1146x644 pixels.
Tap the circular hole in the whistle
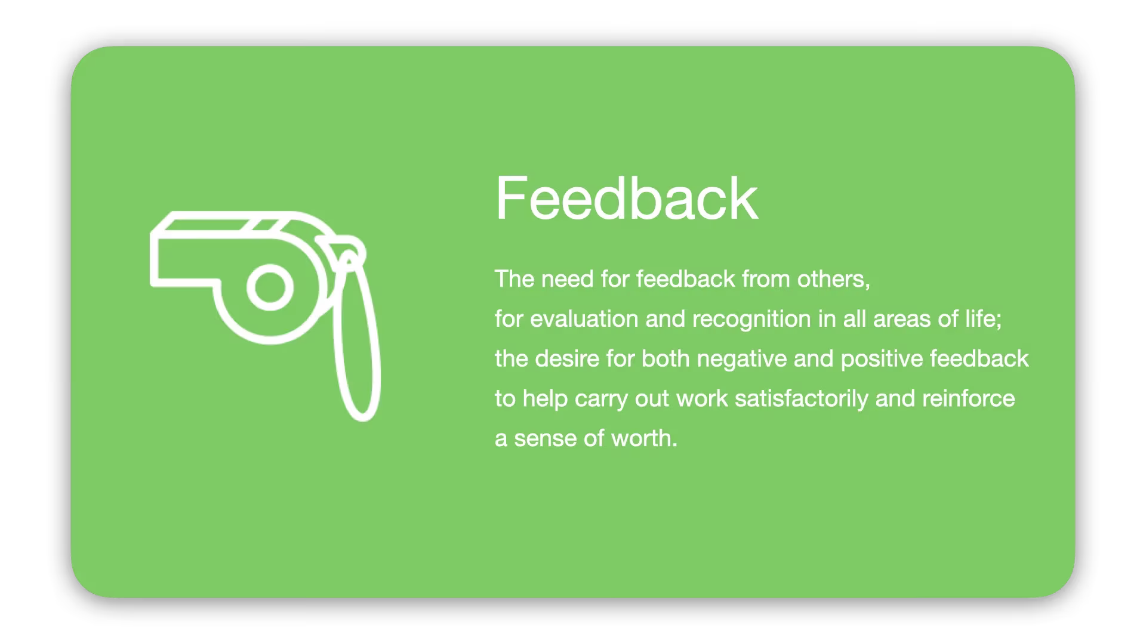270,287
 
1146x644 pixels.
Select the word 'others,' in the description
833,279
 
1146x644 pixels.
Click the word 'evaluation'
584,319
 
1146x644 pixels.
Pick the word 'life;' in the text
984,319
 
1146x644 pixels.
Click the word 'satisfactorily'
802,399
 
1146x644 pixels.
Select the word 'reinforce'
968,398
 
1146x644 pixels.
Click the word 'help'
545,399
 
